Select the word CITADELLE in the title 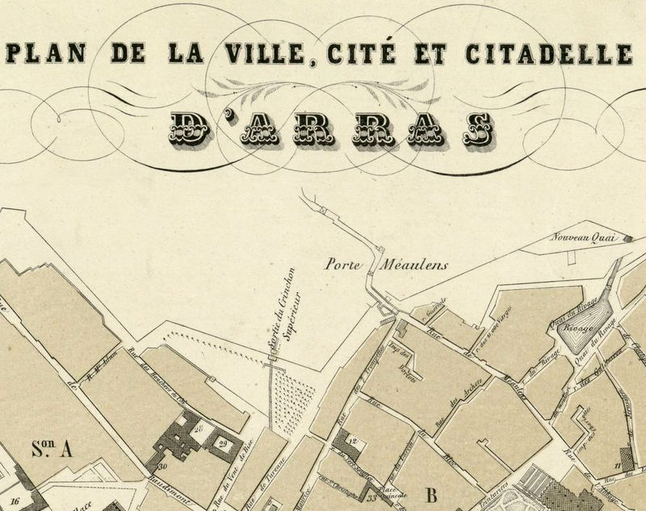(549, 54)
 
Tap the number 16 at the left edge (14, 501)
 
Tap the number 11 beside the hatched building (615, 464)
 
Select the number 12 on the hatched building (353, 441)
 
